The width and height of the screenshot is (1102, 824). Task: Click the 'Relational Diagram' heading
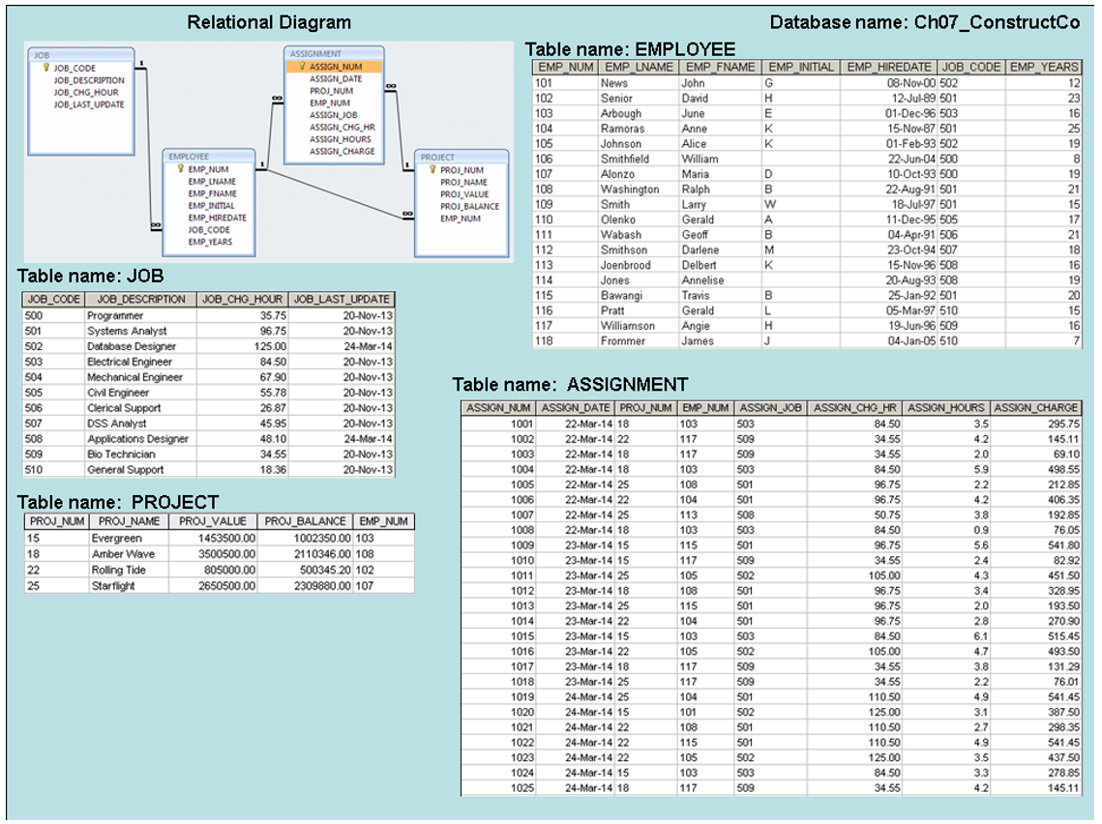[x=269, y=22]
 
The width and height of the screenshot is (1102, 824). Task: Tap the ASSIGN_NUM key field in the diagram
[x=336, y=67]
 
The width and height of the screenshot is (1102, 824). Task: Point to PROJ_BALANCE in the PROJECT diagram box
[x=469, y=206]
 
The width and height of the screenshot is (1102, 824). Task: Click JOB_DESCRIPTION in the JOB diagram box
[x=89, y=81]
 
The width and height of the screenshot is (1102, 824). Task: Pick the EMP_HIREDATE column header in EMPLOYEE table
[x=888, y=68]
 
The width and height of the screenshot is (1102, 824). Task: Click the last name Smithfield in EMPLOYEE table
[x=624, y=159]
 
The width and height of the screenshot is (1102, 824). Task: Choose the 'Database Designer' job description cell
[x=132, y=346]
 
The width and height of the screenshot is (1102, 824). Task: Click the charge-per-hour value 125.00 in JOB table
[x=268, y=346]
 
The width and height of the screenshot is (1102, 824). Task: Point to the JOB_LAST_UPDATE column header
[x=343, y=300]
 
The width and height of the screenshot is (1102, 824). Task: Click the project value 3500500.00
[x=225, y=554]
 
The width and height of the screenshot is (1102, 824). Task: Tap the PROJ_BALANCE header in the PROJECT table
[x=306, y=521]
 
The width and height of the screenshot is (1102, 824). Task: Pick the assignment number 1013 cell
[x=521, y=605]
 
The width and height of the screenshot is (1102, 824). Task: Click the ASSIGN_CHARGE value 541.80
[x=1061, y=544]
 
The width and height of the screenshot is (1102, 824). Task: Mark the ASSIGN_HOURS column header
[x=946, y=408]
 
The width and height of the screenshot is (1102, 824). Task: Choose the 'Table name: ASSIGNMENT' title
[x=570, y=385]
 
